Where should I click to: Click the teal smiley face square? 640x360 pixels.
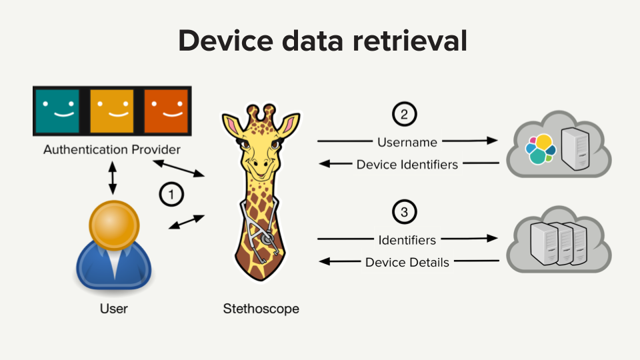(x=57, y=111)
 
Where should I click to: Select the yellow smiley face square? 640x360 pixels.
(x=112, y=111)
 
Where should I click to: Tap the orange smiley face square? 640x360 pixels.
(x=166, y=111)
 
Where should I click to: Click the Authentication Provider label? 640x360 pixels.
(x=112, y=149)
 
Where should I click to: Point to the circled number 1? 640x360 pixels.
(x=171, y=194)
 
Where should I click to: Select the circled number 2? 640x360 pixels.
(x=404, y=114)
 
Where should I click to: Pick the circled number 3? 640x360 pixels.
(x=404, y=212)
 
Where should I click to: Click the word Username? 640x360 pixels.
(x=407, y=142)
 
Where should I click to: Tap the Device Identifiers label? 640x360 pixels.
(x=407, y=165)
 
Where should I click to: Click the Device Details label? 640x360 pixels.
(x=407, y=262)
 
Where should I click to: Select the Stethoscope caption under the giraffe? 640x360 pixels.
(x=261, y=309)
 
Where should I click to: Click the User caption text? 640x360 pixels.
(x=114, y=309)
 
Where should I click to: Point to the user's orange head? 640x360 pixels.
(x=114, y=225)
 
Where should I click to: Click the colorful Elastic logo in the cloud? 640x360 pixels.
(x=541, y=149)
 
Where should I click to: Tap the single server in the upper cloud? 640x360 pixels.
(x=575, y=149)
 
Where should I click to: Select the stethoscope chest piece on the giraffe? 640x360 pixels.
(x=267, y=238)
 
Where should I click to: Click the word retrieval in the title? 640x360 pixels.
(x=410, y=41)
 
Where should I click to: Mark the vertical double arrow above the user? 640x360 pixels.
(x=113, y=178)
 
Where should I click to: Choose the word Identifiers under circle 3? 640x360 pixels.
(x=407, y=240)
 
